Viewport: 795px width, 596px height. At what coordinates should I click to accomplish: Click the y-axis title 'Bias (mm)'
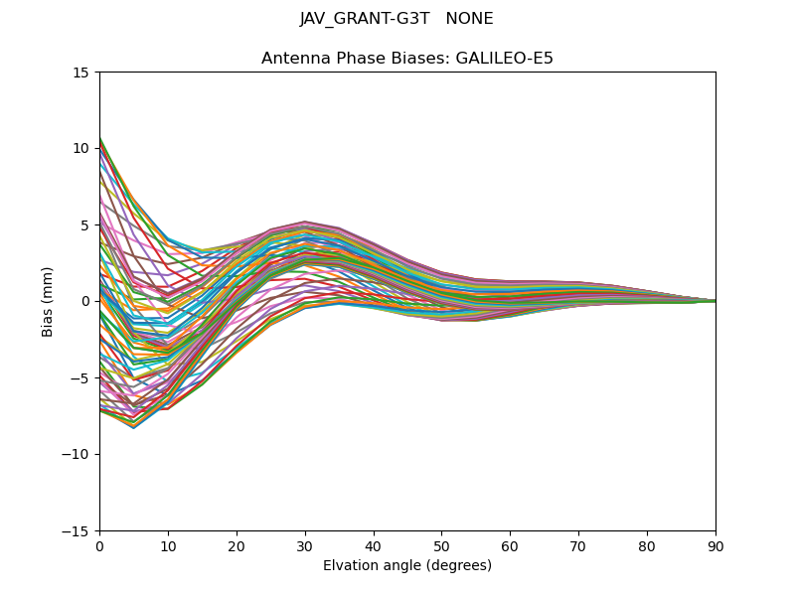pyautogui.click(x=48, y=301)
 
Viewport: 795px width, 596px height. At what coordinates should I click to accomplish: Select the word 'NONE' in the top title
pyautogui.click(x=470, y=19)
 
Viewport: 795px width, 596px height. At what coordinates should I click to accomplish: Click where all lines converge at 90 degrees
pyautogui.click(x=715, y=301)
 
